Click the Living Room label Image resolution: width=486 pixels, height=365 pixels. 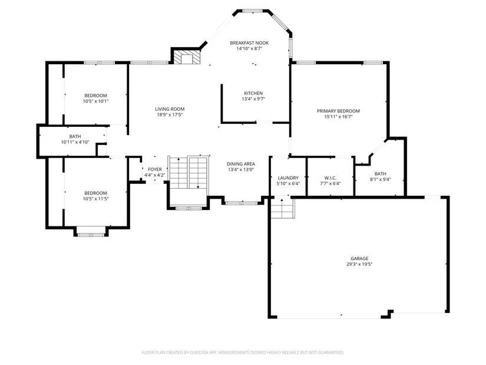170,109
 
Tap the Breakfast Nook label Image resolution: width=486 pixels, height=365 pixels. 249,43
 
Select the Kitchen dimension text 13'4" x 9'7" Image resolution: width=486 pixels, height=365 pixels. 253,99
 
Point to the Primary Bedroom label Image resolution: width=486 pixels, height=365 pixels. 338,111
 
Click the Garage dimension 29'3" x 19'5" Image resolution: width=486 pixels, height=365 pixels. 359,264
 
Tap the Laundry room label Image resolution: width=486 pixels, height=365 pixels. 288,178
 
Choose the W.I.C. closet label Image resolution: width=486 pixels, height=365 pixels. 330,178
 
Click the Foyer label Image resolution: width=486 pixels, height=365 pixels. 155,169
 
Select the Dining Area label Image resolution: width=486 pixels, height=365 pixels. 241,164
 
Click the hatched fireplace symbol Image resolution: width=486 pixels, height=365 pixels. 187,57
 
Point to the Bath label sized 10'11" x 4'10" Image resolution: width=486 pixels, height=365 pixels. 75,136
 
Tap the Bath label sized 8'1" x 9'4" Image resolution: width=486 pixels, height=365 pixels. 381,174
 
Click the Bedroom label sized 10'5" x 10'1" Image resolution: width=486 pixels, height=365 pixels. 95,96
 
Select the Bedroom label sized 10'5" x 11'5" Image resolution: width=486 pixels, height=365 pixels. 95,193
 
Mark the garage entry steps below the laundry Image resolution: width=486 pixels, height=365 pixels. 282,208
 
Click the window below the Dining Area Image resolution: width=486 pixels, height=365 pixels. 241,203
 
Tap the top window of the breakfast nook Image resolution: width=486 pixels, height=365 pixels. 252,11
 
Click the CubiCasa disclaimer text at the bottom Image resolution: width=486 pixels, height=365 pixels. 243,353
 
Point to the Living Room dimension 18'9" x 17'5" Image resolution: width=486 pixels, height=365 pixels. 170,115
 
